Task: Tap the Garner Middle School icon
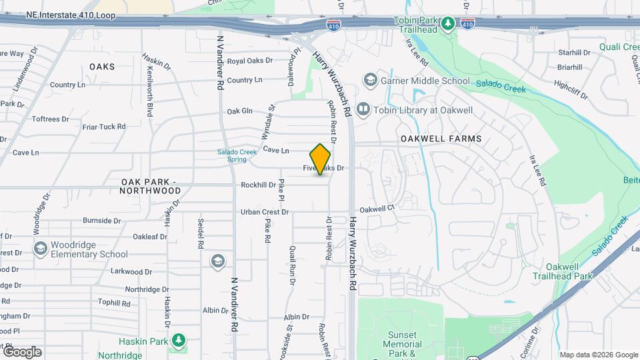[369, 81]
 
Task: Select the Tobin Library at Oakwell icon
[363, 108]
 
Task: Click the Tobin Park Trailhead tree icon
[449, 23]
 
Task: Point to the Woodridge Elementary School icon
[40, 248]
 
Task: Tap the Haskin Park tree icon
[177, 341]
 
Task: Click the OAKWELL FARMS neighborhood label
[441, 139]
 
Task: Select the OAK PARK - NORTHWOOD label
[151, 186]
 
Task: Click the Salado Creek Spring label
[237, 155]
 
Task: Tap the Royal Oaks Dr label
[250, 61]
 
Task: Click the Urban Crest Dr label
[265, 212]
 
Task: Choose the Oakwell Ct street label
[377, 208]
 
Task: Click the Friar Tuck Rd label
[103, 126]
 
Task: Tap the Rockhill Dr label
[258, 185]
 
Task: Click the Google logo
[22, 351]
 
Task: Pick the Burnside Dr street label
[101, 220]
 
